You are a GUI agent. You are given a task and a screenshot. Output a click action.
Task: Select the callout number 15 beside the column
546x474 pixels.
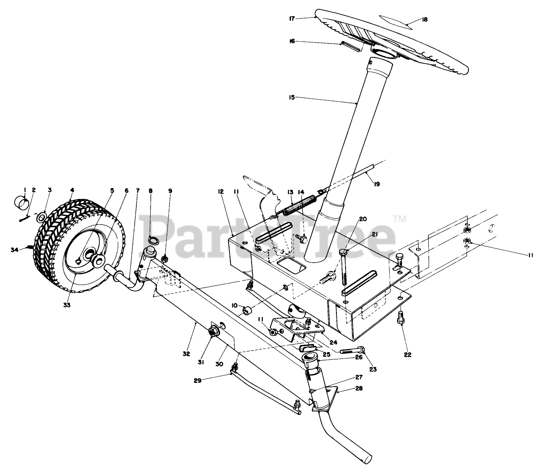(292, 98)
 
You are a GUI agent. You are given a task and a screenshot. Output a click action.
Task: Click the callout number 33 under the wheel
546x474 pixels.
(66, 304)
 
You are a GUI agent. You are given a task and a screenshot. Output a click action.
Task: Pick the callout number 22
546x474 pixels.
(407, 355)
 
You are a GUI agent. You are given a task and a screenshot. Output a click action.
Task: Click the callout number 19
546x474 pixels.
(376, 184)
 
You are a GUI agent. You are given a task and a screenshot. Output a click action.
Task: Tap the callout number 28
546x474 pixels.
(359, 388)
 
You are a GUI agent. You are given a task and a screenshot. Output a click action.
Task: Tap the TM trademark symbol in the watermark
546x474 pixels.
(400, 219)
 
